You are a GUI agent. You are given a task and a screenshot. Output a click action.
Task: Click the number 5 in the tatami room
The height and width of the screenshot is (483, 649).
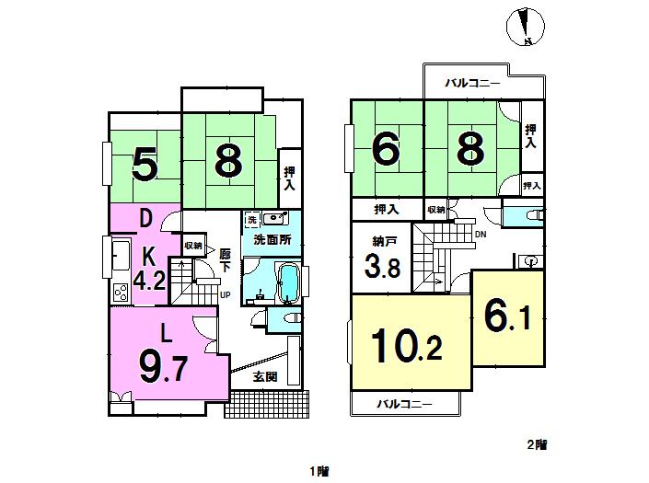145,165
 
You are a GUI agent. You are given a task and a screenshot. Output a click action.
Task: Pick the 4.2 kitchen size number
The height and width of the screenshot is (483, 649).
149,279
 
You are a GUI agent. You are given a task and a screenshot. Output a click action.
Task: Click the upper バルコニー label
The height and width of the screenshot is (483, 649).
472,84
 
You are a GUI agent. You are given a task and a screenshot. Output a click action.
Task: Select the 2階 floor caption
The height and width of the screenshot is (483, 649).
537,444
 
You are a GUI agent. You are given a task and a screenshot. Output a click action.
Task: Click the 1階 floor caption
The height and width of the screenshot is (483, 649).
319,471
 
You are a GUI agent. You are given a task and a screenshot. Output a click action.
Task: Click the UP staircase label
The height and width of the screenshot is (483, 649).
225,295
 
